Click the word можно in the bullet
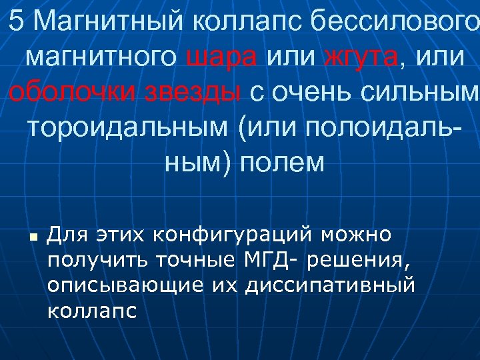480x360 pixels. click(x=357, y=235)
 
